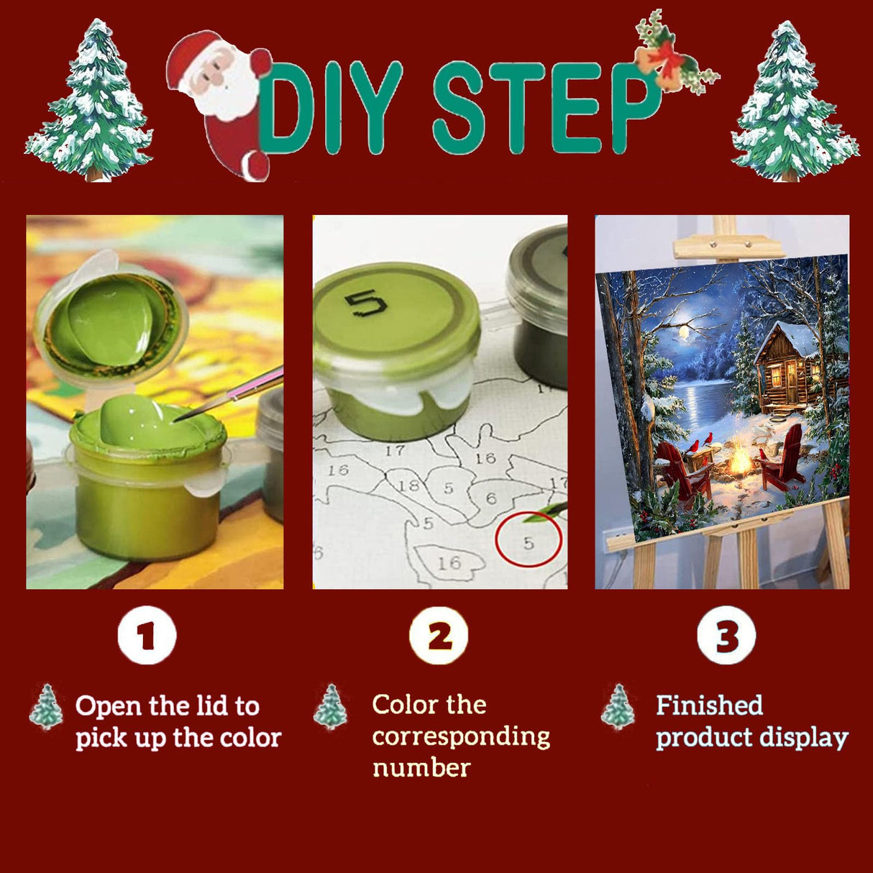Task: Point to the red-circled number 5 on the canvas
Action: pos(529,542)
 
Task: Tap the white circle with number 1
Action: pos(147,635)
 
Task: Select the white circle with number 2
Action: pos(439,635)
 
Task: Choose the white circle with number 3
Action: pos(726,635)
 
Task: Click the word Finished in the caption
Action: pos(710,705)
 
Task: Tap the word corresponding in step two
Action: pos(461,738)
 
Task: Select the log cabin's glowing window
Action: pos(776,374)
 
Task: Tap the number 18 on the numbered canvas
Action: pos(409,486)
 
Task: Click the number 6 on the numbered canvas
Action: pos(492,498)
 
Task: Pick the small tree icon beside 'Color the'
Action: pos(330,706)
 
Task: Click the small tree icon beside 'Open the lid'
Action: pos(46,706)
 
